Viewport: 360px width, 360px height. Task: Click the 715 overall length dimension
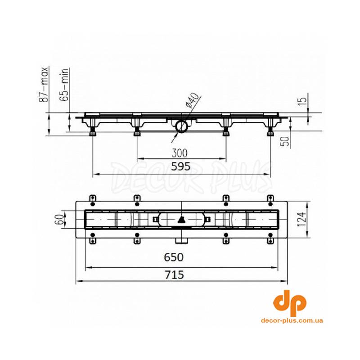(174, 274)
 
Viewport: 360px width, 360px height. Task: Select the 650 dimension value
(174, 257)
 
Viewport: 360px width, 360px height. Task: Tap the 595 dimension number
(181, 166)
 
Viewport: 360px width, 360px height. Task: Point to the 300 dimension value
(179, 153)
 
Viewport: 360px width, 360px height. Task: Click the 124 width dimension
(301, 219)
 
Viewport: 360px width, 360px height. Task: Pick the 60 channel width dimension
(59, 220)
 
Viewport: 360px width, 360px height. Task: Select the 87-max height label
(43, 84)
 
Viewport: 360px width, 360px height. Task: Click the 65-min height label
(64, 85)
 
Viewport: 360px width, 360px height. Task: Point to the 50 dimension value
(285, 141)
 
